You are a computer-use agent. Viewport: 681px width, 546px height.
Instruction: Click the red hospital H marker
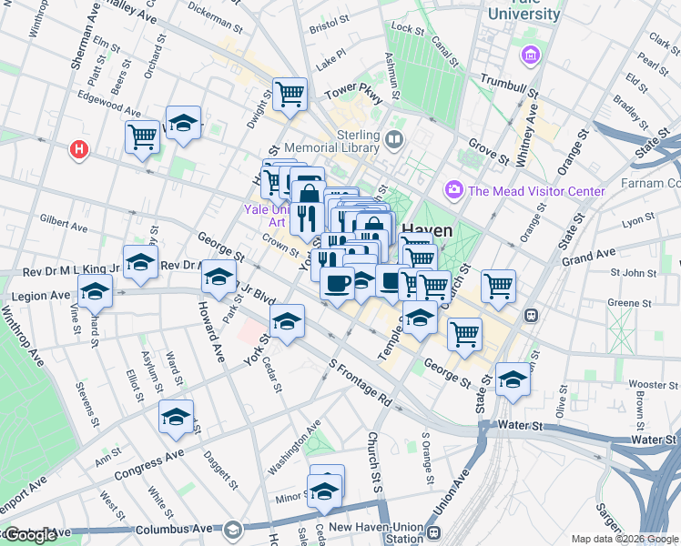click(80, 149)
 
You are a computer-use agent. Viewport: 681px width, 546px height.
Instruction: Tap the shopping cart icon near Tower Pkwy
click(290, 93)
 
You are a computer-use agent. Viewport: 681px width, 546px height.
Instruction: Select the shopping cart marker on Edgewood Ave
click(142, 136)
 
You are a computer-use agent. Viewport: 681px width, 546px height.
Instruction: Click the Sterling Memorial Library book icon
click(394, 140)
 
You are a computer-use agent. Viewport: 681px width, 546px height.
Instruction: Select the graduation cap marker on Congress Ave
click(177, 417)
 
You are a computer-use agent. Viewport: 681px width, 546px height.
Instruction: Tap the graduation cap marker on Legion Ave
click(95, 293)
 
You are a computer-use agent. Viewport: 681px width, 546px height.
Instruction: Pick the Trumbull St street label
click(510, 86)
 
